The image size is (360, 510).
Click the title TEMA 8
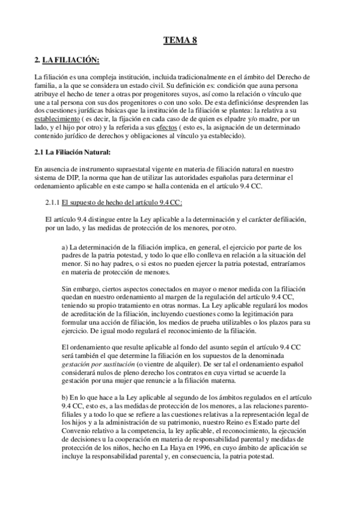pyautogui.click(x=180, y=40)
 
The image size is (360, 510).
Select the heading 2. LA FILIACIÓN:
pyautogui.click(x=67, y=61)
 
